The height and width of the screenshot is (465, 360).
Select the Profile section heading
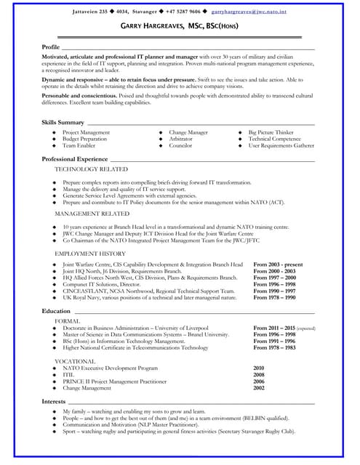pos(51,46)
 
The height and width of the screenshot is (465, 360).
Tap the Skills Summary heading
pos(63,122)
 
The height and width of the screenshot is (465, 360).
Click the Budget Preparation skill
pos(84,139)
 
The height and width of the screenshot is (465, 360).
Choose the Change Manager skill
pos(188,133)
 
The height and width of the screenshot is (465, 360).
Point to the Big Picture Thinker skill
pos(271,133)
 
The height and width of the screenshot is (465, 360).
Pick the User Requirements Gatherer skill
pos(281,145)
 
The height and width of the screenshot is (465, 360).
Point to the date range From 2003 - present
pos(278,265)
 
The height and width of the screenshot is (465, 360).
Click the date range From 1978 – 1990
pos(274,297)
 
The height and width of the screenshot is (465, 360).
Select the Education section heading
pos(56,310)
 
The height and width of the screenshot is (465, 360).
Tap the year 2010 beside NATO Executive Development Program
pos(258,368)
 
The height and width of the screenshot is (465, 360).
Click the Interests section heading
pos(54,401)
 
